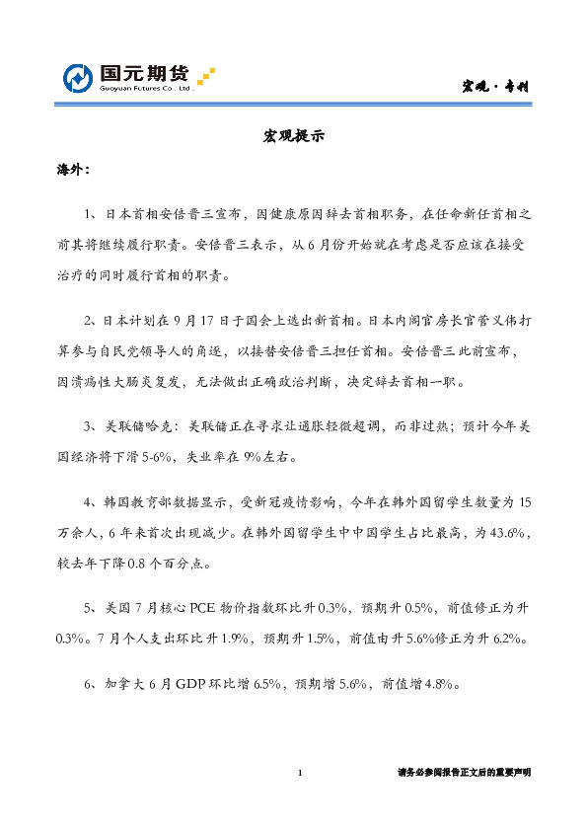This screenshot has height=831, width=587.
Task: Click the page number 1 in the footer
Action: click(x=299, y=772)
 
